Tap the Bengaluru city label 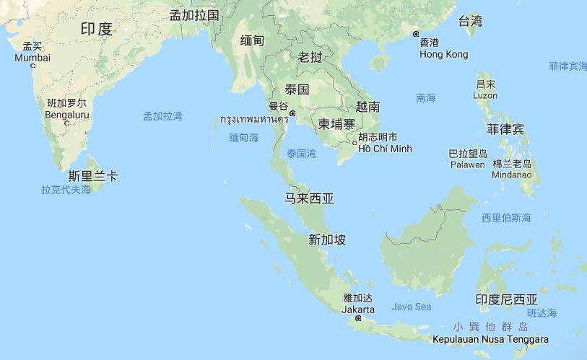click(67, 114)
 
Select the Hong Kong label click(443, 54)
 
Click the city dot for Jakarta click(358, 318)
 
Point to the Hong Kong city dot click(416, 34)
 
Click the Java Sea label click(412, 307)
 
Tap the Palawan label click(467, 164)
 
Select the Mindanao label click(511, 175)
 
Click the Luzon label click(485, 95)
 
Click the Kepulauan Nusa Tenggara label click(490, 339)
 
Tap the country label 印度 click(96, 29)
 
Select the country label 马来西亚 click(310, 198)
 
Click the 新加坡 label click(327, 240)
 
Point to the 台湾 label click(470, 21)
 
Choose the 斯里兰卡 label click(93, 176)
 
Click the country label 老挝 click(310, 57)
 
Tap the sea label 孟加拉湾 click(162, 115)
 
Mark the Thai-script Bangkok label click(254, 119)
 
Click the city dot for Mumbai click(32, 66)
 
